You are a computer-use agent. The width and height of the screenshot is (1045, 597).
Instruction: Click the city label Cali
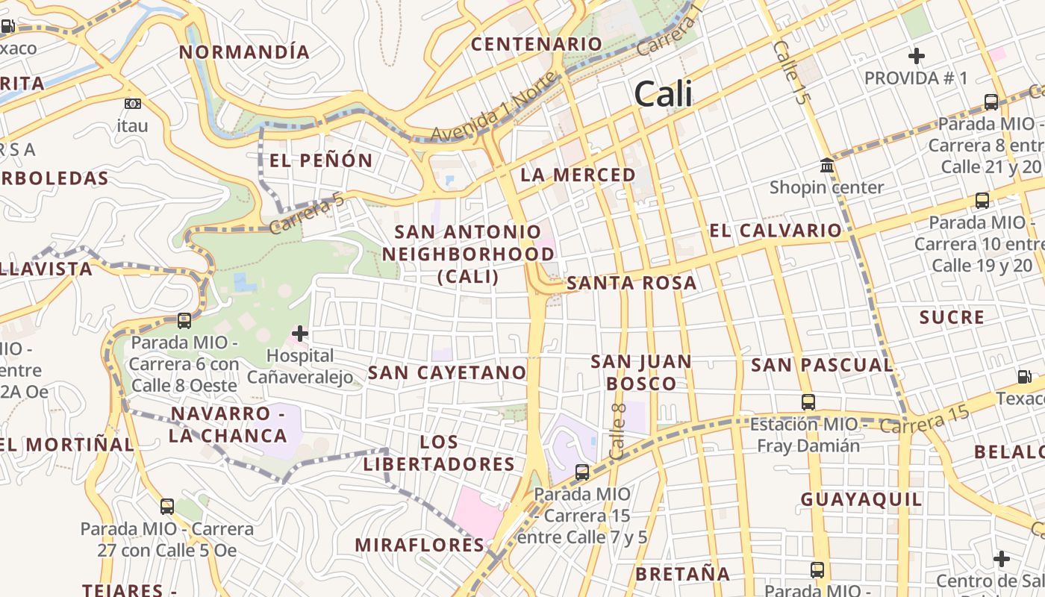[663, 95]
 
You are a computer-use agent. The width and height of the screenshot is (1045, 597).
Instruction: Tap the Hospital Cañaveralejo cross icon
[300, 333]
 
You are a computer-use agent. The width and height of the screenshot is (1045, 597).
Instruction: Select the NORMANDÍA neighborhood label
[245, 52]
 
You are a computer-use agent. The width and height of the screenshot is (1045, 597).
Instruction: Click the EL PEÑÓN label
[321, 160]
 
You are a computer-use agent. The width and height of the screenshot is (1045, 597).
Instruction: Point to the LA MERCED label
[578, 175]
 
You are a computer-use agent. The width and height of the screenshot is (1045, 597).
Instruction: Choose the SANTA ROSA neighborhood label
[631, 284]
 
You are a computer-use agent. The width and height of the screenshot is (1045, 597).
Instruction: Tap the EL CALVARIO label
[776, 231]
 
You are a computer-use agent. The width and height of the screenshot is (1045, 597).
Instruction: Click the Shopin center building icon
[827, 165]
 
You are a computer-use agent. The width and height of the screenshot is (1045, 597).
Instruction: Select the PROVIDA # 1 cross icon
[916, 56]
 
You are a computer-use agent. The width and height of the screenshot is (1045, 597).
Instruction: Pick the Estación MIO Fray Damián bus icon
[808, 402]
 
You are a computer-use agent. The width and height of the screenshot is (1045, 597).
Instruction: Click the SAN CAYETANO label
[448, 372]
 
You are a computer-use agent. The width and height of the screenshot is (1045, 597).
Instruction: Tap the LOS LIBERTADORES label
[439, 453]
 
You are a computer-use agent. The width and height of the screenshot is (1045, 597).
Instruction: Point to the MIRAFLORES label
[419, 545]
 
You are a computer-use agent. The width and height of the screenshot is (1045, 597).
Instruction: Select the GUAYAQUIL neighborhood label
[861, 499]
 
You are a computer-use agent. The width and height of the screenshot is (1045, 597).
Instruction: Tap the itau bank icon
[132, 104]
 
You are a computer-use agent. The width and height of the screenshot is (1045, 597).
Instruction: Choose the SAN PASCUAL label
[822, 365]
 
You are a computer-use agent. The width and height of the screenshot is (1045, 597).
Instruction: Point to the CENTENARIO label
[536, 44]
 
